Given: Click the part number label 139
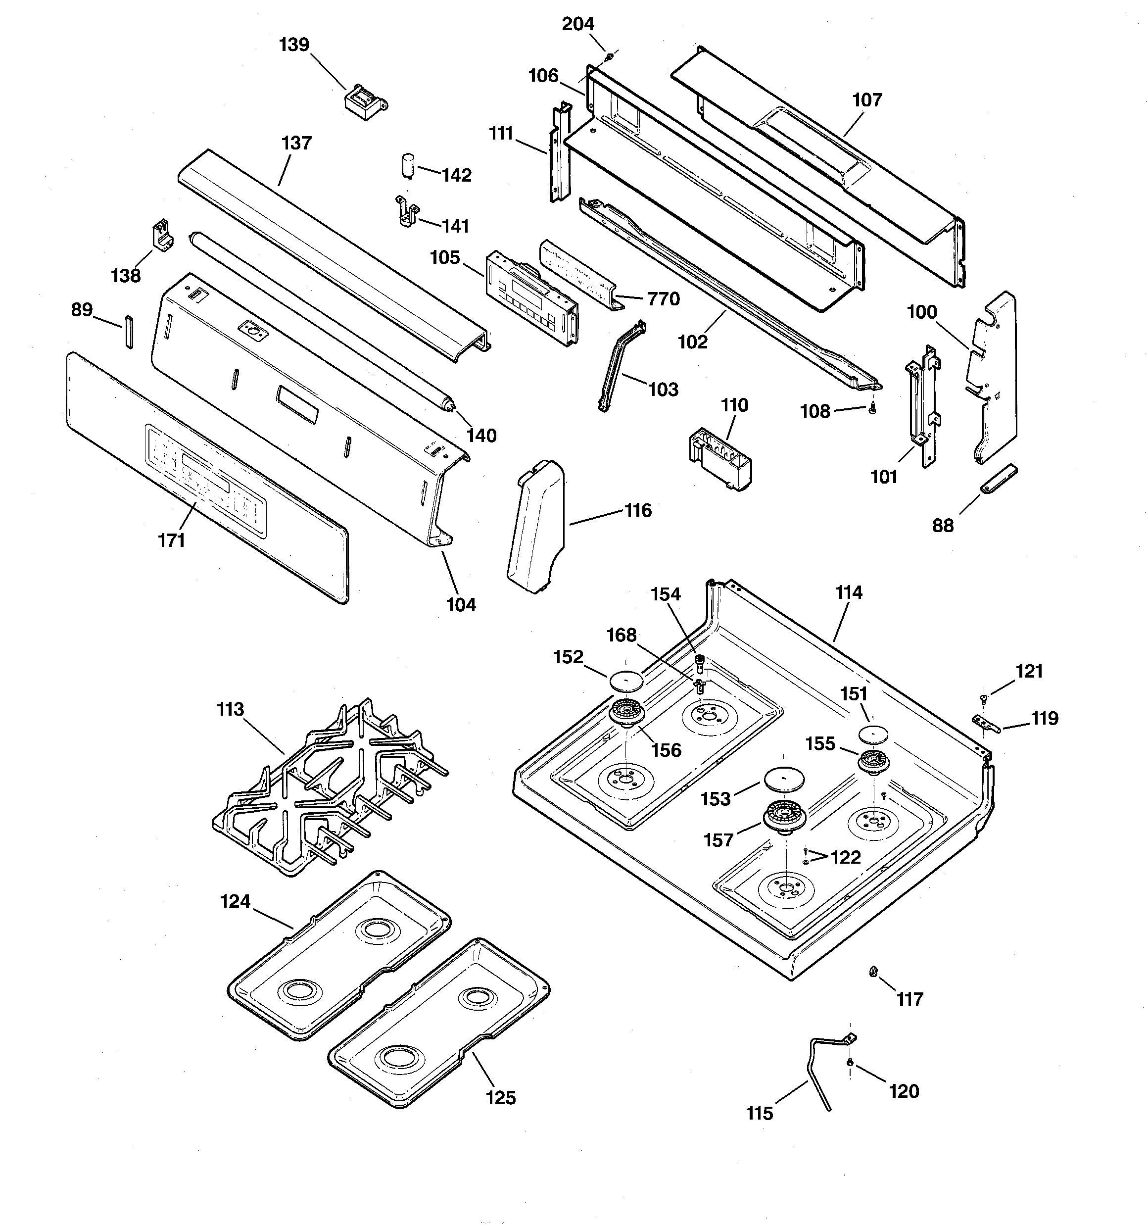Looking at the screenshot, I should (x=294, y=45).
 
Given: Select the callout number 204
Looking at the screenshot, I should (x=577, y=24).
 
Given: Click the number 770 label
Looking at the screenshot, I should (x=664, y=299).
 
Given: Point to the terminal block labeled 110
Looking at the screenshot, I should (x=720, y=458).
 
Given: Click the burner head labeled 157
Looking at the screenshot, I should (x=786, y=817).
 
